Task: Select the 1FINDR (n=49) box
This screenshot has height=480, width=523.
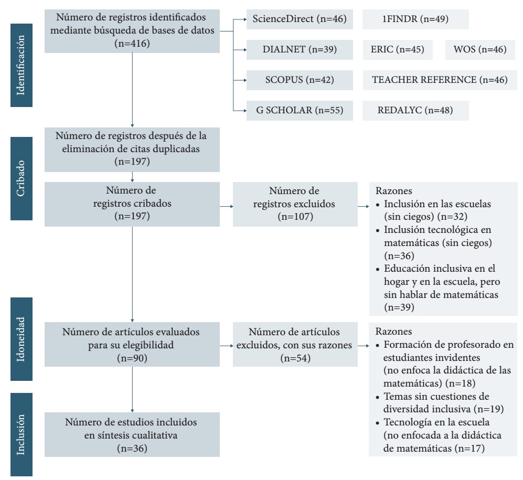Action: [x=415, y=20]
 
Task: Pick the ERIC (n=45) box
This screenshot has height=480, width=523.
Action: [x=398, y=50]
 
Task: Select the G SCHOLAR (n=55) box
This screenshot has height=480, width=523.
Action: [x=296, y=111]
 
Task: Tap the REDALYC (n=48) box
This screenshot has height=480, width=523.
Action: [x=415, y=111]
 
